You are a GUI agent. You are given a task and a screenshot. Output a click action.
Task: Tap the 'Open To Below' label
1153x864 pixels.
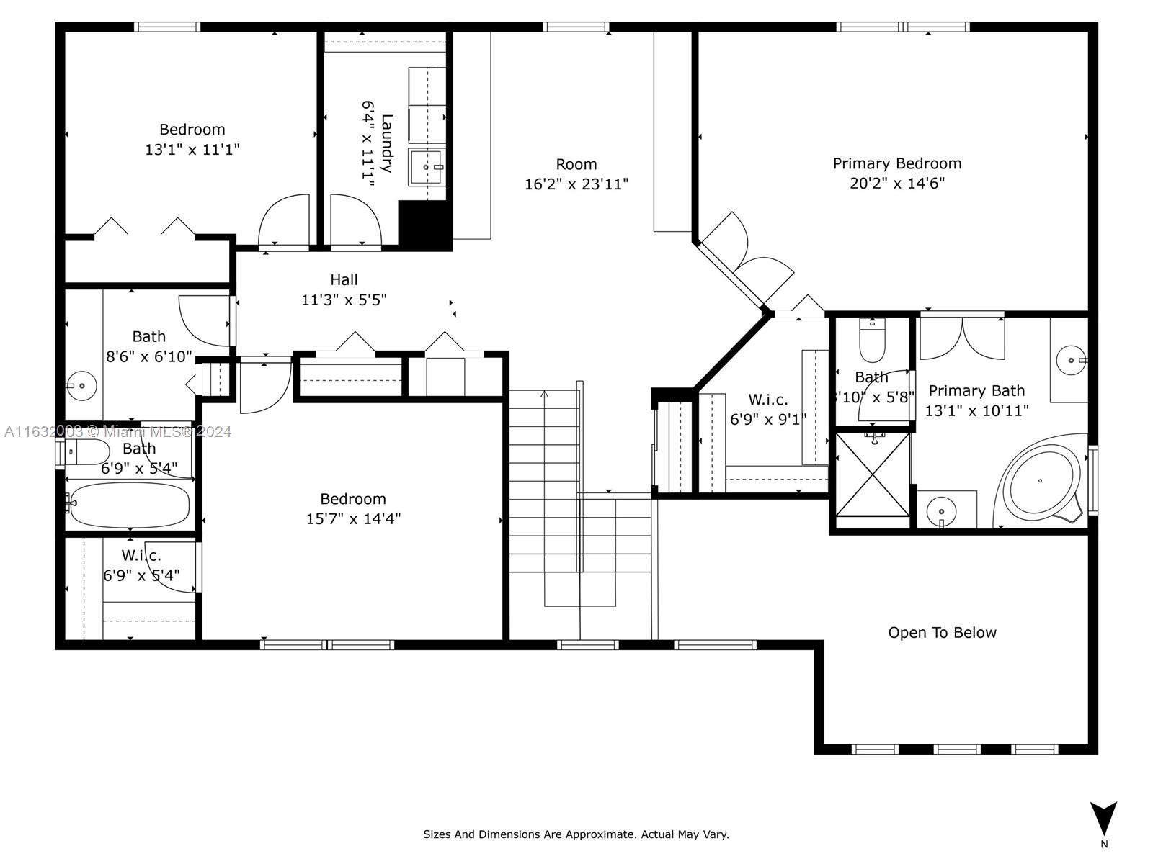[942, 633]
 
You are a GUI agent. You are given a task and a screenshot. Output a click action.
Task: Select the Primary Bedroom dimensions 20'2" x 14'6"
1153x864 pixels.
[897, 183]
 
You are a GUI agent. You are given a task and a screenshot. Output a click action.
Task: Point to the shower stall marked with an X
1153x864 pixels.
[873, 474]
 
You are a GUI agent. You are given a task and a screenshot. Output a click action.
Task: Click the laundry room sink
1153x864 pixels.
[425, 167]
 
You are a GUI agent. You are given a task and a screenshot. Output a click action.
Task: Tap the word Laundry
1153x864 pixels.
[386, 143]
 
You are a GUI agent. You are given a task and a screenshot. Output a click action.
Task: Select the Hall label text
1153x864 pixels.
[344, 279]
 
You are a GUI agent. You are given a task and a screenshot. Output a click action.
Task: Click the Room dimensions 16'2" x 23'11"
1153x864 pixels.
[576, 184]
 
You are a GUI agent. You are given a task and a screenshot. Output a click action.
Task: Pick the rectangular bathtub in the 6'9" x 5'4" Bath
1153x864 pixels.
[129, 505]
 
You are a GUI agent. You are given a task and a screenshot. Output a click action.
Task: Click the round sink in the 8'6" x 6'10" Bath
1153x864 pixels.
[81, 386]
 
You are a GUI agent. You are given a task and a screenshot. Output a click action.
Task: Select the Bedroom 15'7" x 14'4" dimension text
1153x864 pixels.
[354, 519]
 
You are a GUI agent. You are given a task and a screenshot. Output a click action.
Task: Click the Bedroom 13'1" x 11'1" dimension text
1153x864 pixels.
[192, 150]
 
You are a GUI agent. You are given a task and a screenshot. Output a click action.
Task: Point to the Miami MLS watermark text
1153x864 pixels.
[118, 432]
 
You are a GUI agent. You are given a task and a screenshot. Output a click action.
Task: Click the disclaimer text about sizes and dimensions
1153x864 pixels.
[576, 834]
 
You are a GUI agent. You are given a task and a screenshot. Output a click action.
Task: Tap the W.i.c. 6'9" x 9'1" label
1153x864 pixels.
[768, 410]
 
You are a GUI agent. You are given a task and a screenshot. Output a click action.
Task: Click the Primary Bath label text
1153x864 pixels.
[976, 391]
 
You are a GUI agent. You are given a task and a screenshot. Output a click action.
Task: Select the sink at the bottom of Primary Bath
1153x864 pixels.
[941, 511]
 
